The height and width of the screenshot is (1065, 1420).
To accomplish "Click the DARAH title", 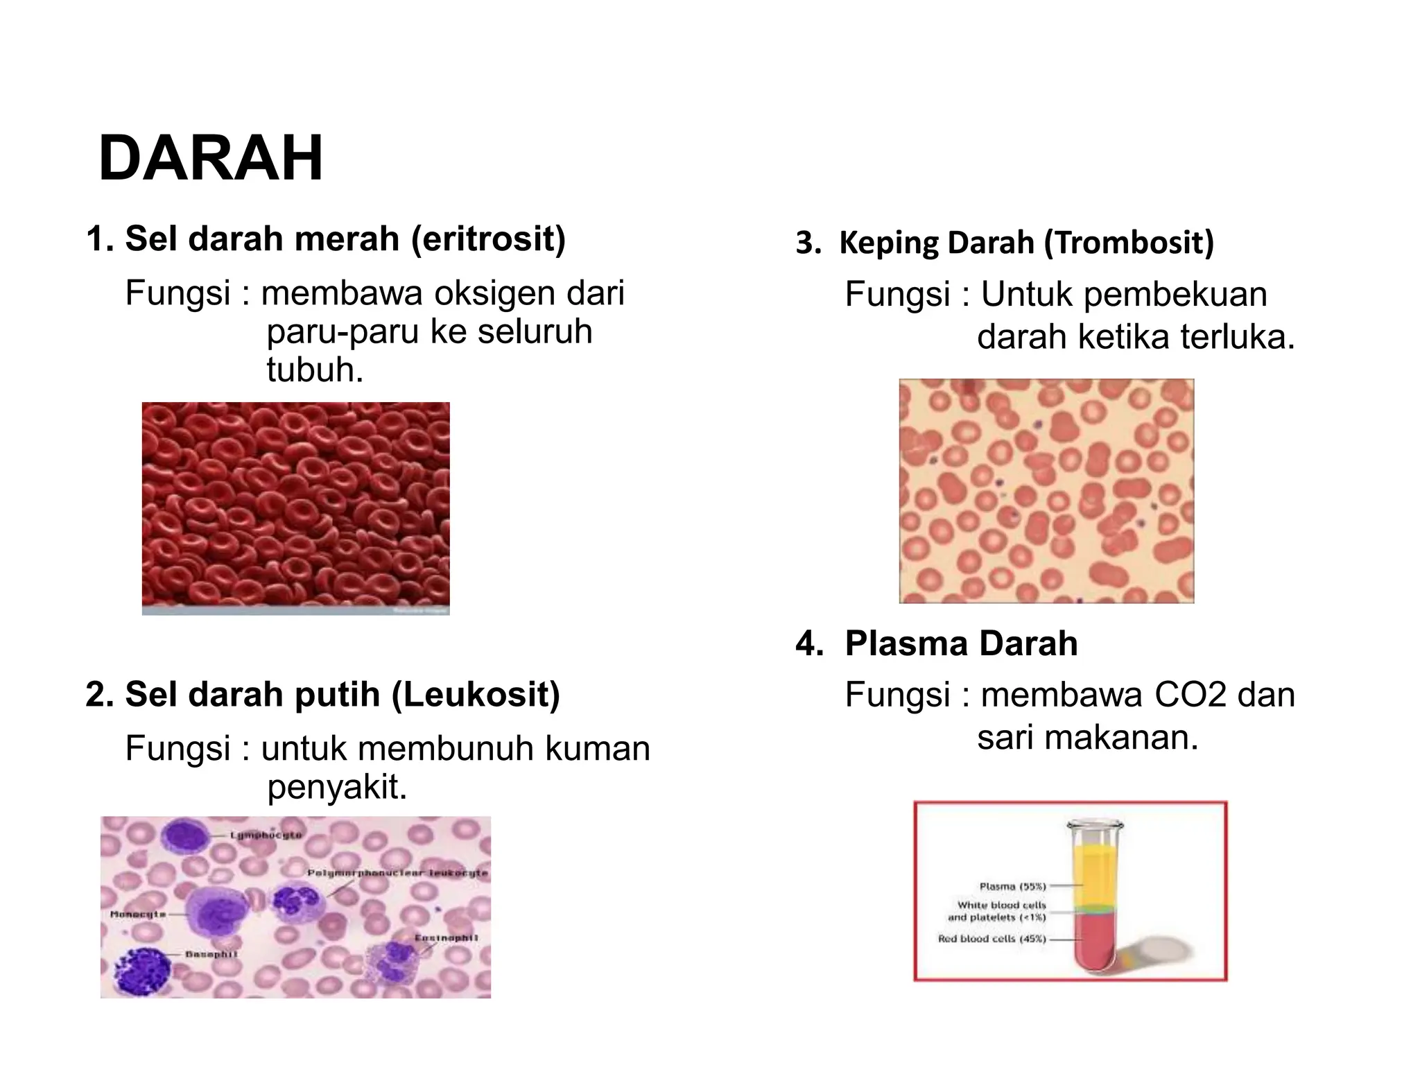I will point(211,159).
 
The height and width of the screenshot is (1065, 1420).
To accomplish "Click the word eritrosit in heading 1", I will point(488,239).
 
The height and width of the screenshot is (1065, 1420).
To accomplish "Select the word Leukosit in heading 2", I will point(476,694).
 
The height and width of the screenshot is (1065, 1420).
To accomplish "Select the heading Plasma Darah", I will point(960,643).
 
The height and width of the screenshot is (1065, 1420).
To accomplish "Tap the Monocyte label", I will point(137,915).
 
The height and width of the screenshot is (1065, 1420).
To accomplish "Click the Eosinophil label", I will point(446,938).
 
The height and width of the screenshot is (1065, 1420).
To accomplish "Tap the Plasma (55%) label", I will point(1012,886).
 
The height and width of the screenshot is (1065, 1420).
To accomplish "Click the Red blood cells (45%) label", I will point(992,940).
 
